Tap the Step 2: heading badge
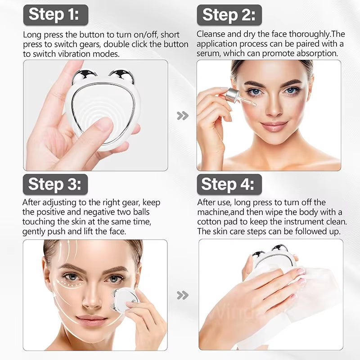(x=229, y=15)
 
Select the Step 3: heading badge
(x=55, y=184)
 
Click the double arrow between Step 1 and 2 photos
(x=182, y=116)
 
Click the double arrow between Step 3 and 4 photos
(x=182, y=295)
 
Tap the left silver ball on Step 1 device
(x=84, y=76)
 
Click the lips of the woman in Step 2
(x=274, y=126)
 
